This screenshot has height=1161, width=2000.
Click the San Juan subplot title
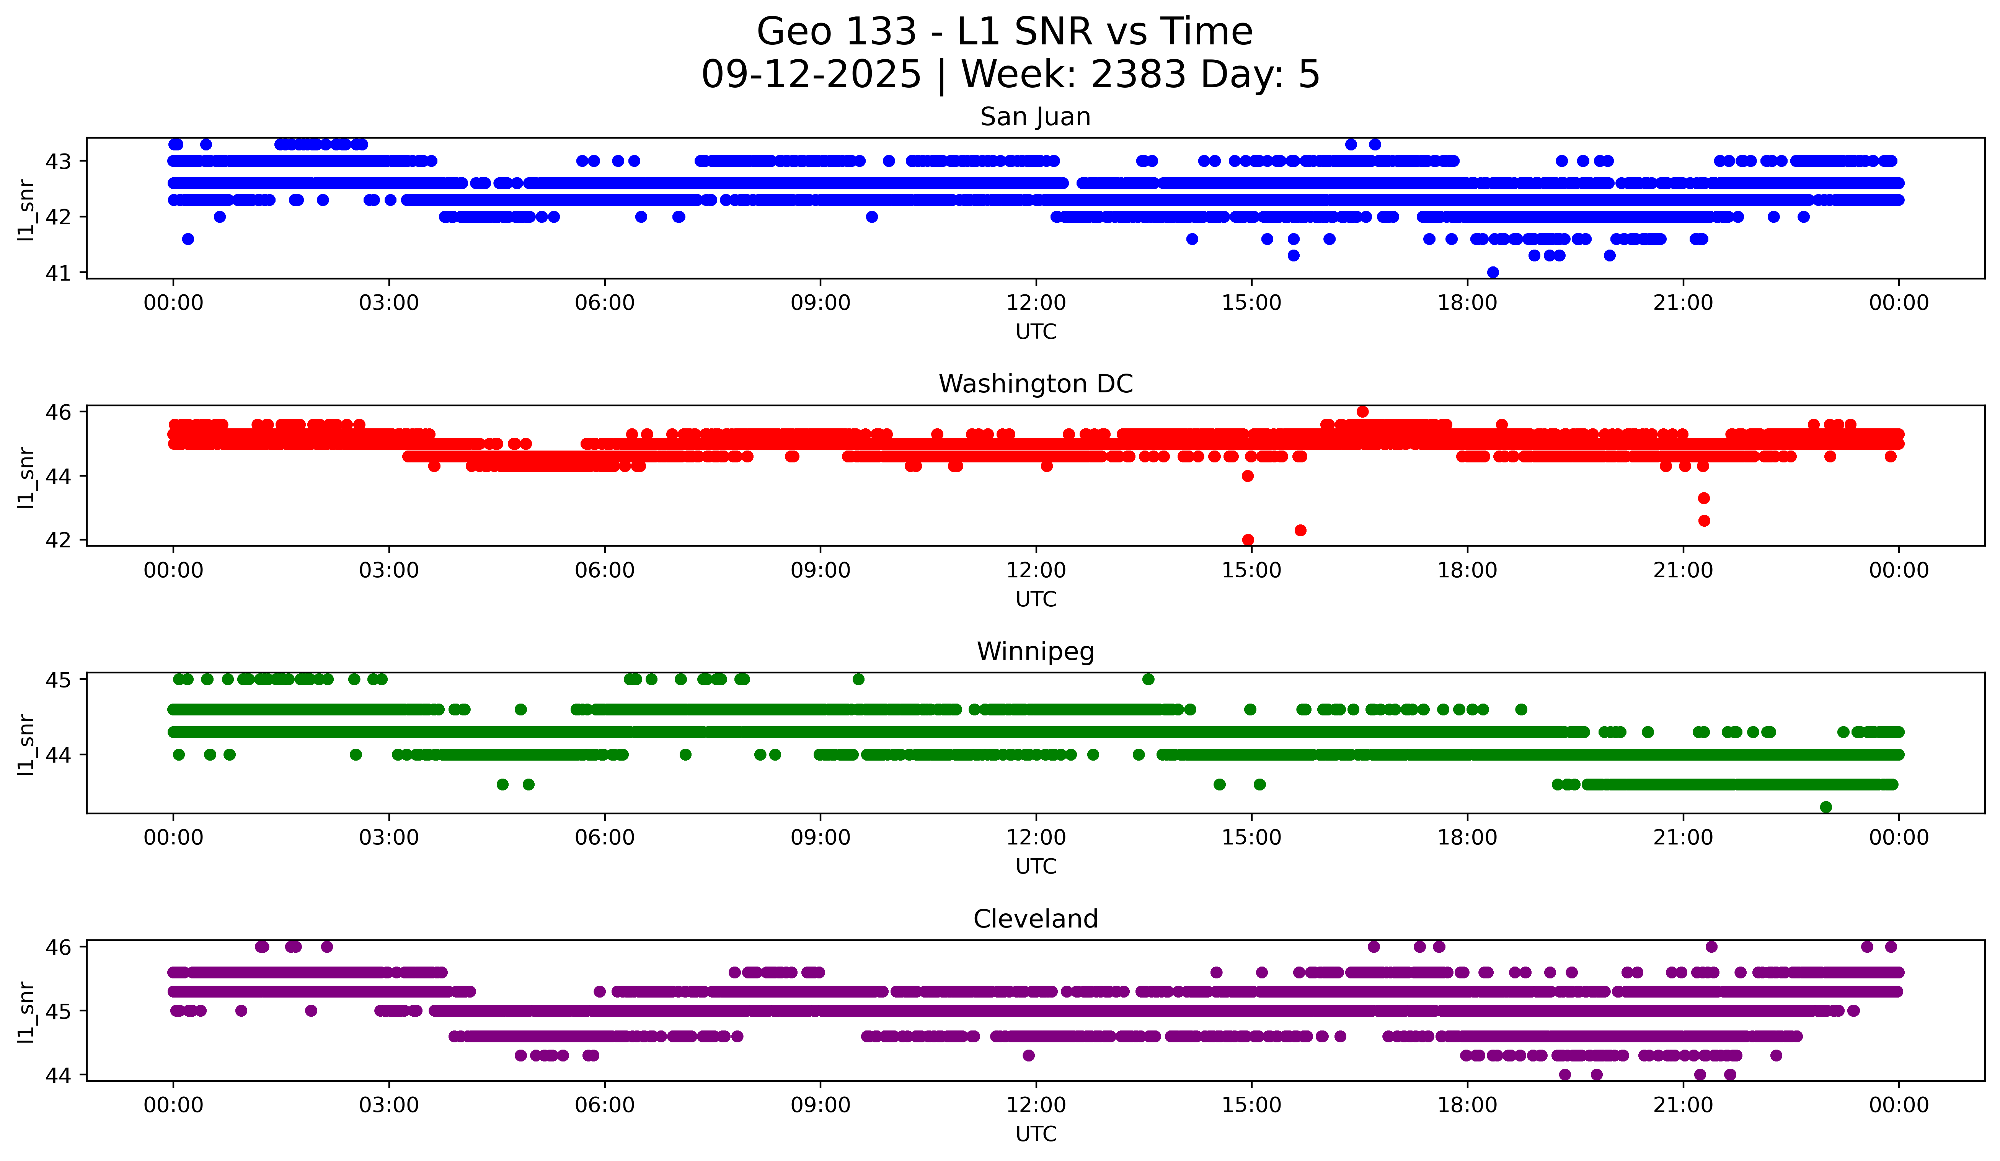coord(1035,117)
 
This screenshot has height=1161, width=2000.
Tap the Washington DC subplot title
coord(1035,384)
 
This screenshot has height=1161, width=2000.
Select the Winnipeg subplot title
coord(1035,652)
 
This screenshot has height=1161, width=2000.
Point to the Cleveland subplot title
coord(1035,919)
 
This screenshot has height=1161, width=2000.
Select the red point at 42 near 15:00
coord(1248,540)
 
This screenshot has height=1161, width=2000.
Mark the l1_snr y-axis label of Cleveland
coord(25,1012)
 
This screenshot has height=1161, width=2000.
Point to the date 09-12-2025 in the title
coord(811,75)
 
